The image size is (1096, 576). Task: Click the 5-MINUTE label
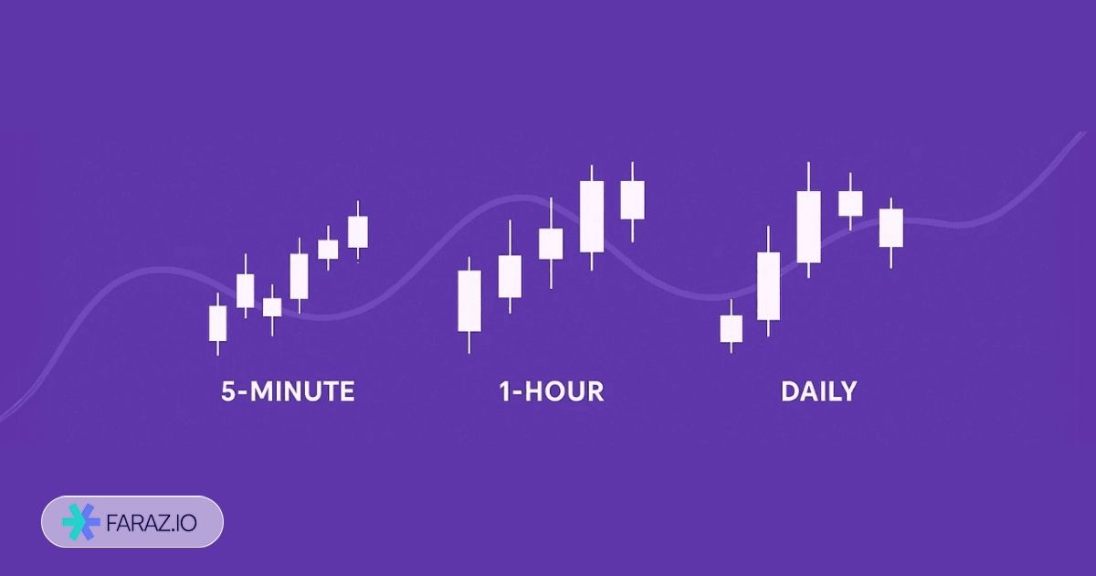(288, 392)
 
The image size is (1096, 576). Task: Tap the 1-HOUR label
(551, 392)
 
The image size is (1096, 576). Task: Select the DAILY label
(818, 392)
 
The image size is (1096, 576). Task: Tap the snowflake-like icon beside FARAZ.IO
(81, 522)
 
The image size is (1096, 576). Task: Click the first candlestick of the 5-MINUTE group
(217, 323)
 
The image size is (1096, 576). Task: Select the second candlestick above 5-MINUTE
(245, 291)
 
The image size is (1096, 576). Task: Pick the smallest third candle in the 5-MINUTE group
(272, 307)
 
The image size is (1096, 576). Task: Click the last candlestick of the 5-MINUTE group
(358, 232)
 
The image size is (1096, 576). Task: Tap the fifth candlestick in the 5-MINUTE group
(328, 249)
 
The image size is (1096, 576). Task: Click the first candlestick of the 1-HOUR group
(469, 301)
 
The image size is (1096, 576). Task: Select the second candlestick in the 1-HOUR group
(510, 276)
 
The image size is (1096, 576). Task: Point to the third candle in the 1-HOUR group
(551, 244)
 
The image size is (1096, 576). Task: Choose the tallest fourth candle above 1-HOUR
(592, 217)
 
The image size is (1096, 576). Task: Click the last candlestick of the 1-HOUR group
(632, 200)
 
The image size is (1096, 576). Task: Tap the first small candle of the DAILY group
(731, 328)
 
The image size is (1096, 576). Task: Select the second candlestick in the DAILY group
(769, 286)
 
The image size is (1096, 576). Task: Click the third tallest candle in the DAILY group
(808, 227)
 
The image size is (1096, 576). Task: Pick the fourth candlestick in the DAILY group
(850, 203)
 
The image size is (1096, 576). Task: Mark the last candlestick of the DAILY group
(891, 228)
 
